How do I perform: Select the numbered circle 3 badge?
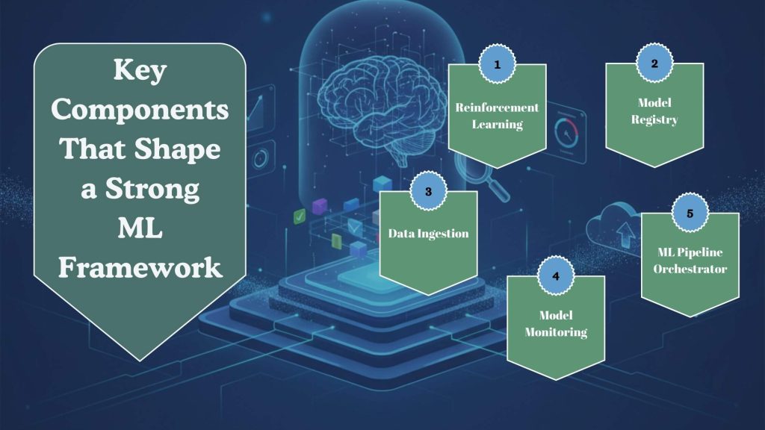point(428,192)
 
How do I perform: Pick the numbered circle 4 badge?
point(555,275)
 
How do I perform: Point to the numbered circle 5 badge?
point(689,214)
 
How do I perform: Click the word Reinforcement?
point(497,108)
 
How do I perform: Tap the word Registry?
point(654,120)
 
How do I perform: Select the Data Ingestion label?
point(428,234)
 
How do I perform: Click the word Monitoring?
point(555,332)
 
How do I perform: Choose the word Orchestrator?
point(690,269)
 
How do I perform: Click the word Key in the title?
point(140,72)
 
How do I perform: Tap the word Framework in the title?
point(140,267)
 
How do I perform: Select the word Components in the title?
point(140,110)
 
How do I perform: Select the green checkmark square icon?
point(300,216)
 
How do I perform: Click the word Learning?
point(497,124)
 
